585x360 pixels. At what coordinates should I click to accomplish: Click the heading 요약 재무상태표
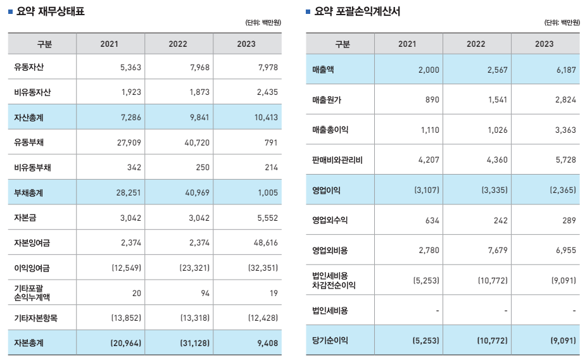point(50,11)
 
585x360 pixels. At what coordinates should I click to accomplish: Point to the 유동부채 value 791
point(272,142)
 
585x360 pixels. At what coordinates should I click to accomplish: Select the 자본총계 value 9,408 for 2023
point(268,343)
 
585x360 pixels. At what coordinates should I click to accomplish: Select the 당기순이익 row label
point(330,340)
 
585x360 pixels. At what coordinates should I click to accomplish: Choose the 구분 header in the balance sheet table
point(42,44)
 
